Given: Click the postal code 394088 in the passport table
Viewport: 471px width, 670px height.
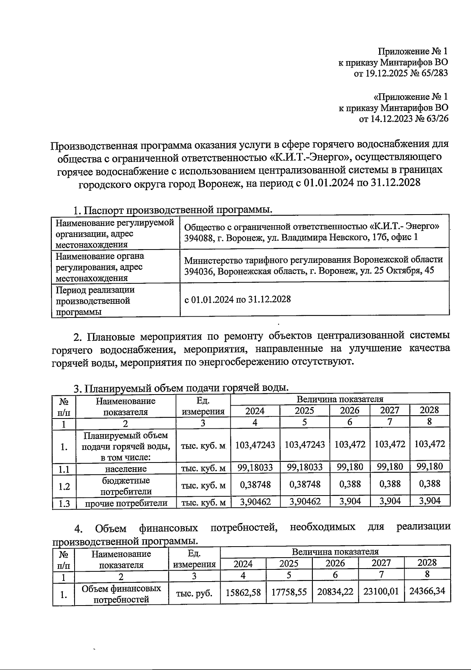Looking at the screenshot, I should [198, 237].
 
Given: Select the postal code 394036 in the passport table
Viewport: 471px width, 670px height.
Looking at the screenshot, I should [198, 271].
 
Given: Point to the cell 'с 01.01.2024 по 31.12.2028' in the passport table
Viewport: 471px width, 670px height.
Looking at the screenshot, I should [237, 299].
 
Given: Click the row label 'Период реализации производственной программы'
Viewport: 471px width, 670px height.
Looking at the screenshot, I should [95, 301].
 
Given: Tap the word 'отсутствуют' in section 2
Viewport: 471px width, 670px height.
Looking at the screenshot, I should [323, 361].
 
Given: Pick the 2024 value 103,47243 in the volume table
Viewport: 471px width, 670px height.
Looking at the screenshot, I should [255, 445].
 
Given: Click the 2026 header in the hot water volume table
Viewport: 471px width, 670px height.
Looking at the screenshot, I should [349, 411].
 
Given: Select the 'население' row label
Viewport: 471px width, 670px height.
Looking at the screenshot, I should [126, 469].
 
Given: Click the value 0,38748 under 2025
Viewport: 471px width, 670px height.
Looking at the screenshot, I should [305, 484].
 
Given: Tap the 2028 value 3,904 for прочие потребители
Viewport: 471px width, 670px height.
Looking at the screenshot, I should [429, 501].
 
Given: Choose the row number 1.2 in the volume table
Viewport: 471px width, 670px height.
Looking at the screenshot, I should [64, 486].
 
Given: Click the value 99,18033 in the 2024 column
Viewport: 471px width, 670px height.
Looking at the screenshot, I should [255, 467].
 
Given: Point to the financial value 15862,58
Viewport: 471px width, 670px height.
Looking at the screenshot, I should [243, 592].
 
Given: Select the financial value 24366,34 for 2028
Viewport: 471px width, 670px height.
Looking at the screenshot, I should [427, 591].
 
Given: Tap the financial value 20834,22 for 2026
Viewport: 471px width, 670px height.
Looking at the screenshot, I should [335, 592].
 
